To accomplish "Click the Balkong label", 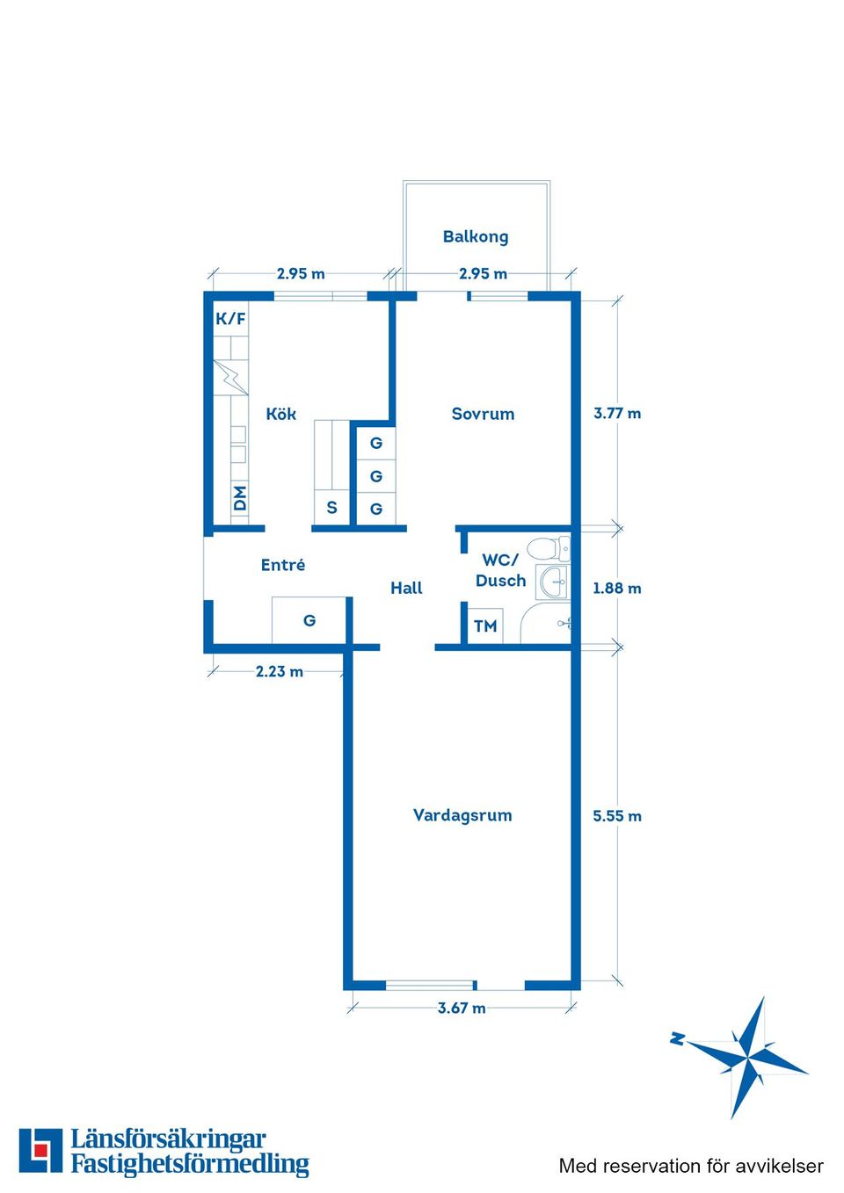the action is coord(476,236).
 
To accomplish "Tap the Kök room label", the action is coord(280,414).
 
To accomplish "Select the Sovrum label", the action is coord(483,414).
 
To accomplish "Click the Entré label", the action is coord(283,565).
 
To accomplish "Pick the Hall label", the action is coord(406,588).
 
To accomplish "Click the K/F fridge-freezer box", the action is coord(230,319).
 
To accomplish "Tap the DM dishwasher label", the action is coord(240,498).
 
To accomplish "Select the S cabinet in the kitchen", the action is coord(331,507).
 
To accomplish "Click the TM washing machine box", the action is coord(485,625).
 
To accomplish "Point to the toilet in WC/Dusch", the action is coord(549,548).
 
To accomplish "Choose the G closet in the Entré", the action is coord(309,620).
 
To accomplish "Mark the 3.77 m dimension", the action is coord(617,413).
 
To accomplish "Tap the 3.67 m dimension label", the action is coord(462,1008).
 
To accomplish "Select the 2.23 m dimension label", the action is coord(280,671).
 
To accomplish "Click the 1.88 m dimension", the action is coord(617,588).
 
